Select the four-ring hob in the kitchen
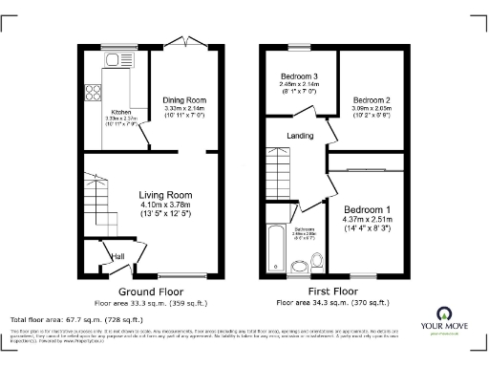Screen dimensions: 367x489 pos(94,93)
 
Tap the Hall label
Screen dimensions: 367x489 pos(119,256)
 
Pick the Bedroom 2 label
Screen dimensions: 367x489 pos(372,99)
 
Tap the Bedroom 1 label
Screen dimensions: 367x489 pos(367,209)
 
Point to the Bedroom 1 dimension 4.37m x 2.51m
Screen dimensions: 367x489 pos(367,221)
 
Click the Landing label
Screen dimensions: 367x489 pos(300,136)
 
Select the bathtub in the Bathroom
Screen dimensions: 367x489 pos(276,247)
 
